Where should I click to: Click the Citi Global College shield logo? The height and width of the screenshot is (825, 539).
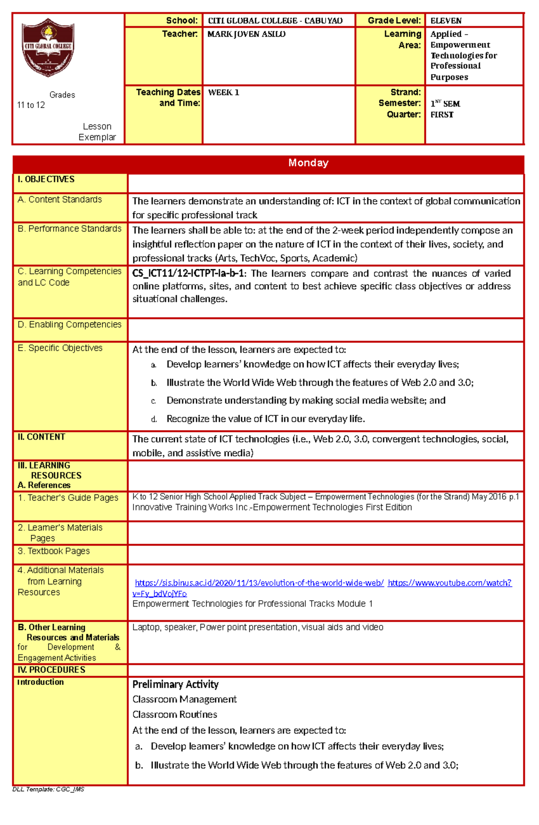48,47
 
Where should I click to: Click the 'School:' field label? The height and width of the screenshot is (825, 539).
181,21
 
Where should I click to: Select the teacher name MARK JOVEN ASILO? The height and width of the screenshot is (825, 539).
246,34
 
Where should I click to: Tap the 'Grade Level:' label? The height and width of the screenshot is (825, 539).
394,21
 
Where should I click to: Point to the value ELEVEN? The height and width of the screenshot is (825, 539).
446,21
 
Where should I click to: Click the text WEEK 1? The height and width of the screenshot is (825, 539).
223,93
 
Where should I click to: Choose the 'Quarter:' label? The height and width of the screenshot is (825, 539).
404,115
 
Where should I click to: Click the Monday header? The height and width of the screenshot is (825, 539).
308,163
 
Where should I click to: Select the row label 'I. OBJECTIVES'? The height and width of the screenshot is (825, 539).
46,179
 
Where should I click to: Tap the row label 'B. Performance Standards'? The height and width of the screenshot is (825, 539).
70,229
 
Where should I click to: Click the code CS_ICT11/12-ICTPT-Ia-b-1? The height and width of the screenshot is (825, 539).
189,273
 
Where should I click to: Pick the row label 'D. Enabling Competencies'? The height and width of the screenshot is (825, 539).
70,325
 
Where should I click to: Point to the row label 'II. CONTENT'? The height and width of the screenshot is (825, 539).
41,437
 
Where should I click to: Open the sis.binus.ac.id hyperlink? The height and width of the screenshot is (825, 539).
259,583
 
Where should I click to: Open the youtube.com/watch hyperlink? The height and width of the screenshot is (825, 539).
449,583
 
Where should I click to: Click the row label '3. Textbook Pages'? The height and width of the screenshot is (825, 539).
54,551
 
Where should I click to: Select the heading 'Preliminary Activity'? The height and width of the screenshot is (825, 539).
175,684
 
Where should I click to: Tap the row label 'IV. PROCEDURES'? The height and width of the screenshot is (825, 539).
51,670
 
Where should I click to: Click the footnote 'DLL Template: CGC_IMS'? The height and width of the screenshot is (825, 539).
48,789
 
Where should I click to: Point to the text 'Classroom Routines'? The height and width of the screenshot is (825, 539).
175,714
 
